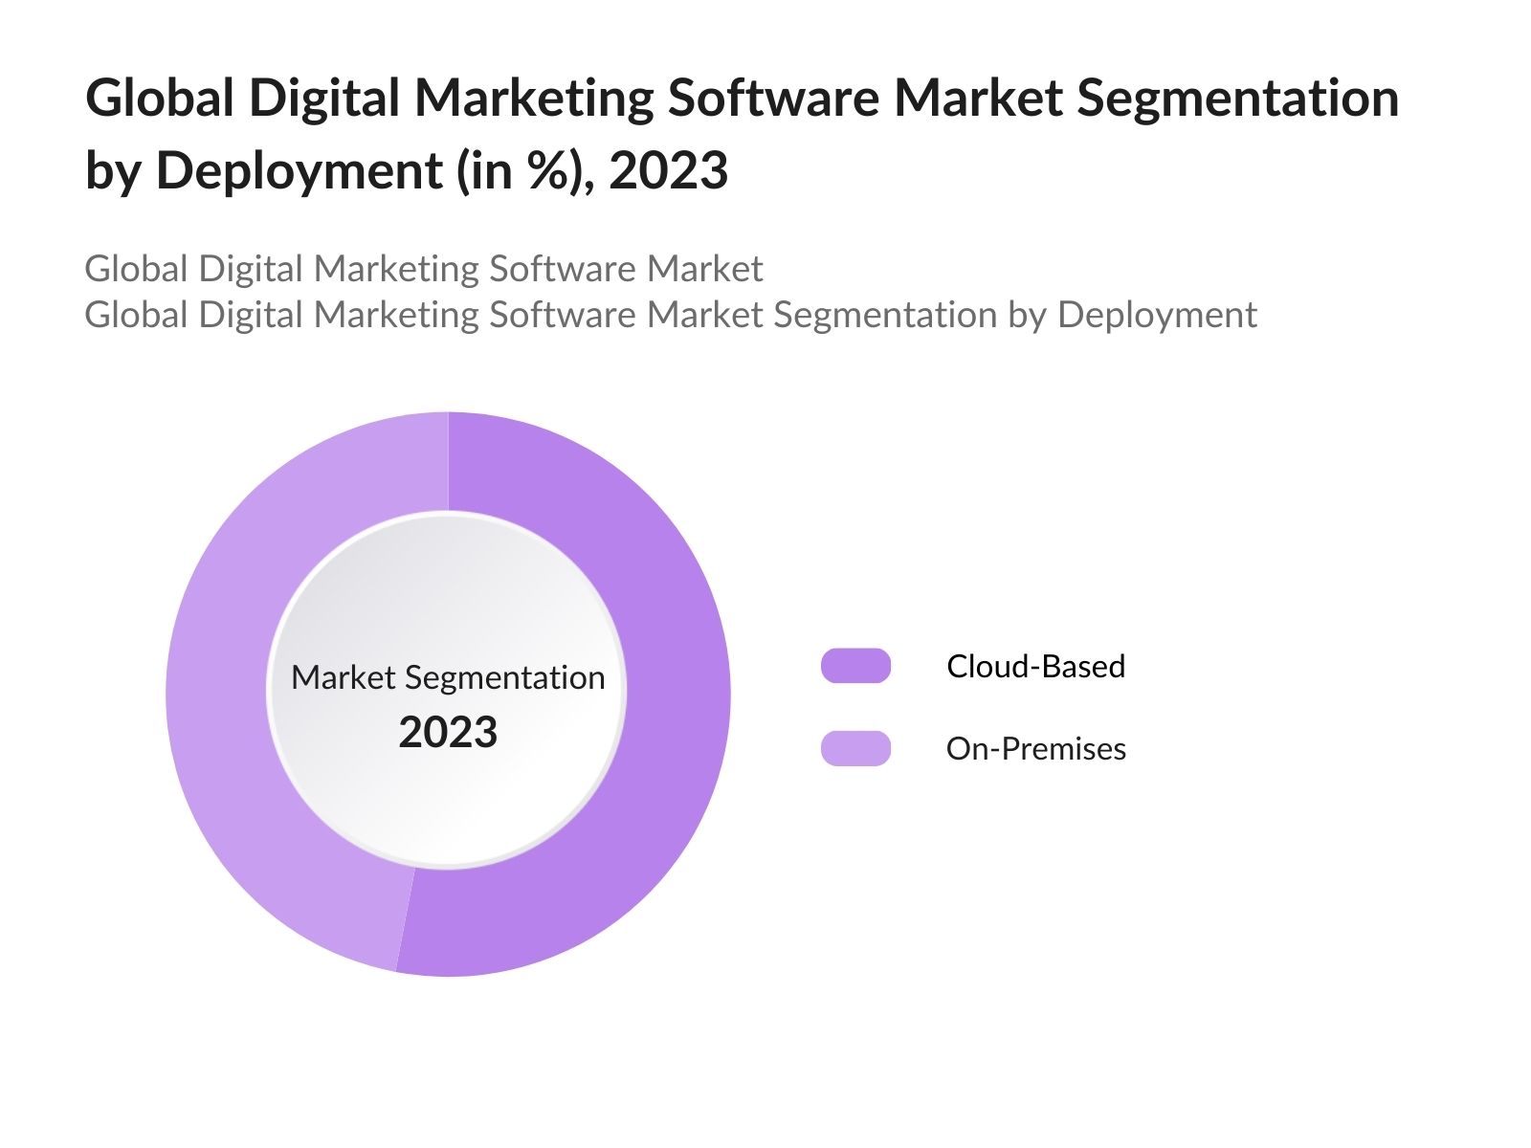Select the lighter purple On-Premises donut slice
(220, 689)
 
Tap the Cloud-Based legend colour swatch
(855, 666)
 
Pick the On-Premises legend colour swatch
(855, 748)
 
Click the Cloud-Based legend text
(1035, 666)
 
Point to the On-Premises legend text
(1035, 748)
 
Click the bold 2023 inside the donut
(448, 733)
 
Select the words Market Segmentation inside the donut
(448, 677)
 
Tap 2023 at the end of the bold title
(668, 171)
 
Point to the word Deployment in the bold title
(299, 173)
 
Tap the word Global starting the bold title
(160, 99)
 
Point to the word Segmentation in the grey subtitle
(885, 316)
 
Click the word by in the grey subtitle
(1028, 316)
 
